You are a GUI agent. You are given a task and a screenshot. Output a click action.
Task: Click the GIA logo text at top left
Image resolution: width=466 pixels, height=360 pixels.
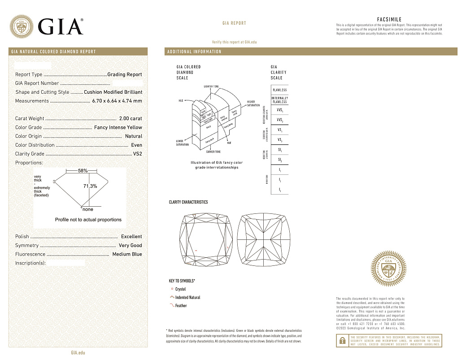pyautogui.click(x=61, y=26)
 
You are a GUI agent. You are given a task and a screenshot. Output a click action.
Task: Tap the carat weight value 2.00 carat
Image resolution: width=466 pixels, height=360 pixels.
pyautogui.click(x=131, y=119)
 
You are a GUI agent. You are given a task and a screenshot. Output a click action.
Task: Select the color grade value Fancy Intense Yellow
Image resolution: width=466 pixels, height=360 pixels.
pyautogui.click(x=118, y=128)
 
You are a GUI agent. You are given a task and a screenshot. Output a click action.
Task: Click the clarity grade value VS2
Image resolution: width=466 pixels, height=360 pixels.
pyautogui.click(x=137, y=154)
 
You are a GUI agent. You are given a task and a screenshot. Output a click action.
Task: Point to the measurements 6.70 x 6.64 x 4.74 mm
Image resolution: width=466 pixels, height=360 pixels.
pyautogui.click(x=117, y=101)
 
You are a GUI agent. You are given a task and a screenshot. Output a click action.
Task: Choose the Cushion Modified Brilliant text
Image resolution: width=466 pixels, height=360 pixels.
pyautogui.click(x=113, y=92)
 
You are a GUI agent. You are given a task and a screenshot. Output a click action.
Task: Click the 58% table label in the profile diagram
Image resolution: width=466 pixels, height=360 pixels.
pyautogui.click(x=83, y=171)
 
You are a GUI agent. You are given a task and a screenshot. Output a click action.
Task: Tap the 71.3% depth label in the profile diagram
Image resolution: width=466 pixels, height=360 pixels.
pyautogui.click(x=90, y=186)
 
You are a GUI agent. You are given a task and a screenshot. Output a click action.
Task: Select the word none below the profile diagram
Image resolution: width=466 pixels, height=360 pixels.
pyautogui.click(x=88, y=209)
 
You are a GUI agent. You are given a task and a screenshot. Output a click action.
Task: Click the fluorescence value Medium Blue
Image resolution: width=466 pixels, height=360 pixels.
pyautogui.click(x=127, y=254)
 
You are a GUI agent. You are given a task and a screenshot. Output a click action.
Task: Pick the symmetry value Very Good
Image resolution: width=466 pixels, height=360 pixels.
pyautogui.click(x=130, y=246)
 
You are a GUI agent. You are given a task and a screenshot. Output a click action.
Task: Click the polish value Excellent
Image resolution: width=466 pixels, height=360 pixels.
pyautogui.click(x=131, y=237)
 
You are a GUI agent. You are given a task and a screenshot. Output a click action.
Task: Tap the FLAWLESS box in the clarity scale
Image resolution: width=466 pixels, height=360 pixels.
pyautogui.click(x=279, y=90)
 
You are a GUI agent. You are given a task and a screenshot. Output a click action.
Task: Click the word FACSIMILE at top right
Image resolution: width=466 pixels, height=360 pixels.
pyautogui.click(x=389, y=20)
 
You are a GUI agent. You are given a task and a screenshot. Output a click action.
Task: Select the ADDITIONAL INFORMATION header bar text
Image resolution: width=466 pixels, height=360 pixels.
pyautogui.click(x=194, y=52)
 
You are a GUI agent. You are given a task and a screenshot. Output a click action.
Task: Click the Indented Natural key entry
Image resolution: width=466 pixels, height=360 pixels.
pyautogui.click(x=187, y=298)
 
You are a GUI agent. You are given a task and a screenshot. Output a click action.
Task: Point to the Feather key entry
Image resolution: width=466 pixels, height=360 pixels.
pyautogui.click(x=181, y=306)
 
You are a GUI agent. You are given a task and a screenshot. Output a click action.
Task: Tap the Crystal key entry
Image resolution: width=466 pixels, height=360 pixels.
pyautogui.click(x=180, y=289)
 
